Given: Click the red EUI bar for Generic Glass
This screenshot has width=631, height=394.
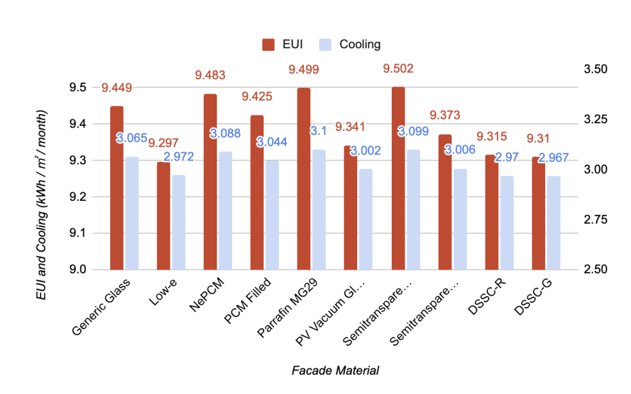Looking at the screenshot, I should pos(116,187).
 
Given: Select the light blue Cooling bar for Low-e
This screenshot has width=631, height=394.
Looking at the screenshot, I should pos(178,222).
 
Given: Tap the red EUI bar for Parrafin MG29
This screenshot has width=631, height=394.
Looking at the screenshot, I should pos(303,178).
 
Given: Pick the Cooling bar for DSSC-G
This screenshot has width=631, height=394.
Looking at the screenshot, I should pos(553,223).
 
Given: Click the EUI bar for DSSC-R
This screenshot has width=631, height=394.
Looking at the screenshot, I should pos(491,212).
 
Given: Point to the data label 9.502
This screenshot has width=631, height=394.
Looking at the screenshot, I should pos(398,69).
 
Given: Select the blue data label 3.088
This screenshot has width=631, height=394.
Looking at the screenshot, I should pos(225,133).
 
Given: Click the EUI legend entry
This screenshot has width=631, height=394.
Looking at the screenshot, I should pos(283,44).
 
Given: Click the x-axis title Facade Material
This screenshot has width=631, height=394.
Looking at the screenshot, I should pos(335,370).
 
